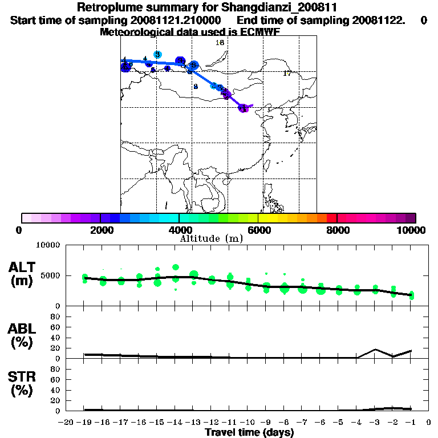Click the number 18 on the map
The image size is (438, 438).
click(220, 43)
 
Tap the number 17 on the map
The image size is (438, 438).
click(287, 74)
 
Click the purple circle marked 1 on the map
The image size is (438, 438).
click(244, 108)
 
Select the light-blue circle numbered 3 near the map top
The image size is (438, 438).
click(157, 54)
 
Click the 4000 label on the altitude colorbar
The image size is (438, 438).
click(179, 230)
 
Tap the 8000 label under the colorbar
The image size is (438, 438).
click(336, 230)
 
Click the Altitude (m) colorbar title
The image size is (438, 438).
click(211, 238)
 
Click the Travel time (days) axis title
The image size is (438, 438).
click(249, 432)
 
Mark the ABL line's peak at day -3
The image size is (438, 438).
click(375, 349)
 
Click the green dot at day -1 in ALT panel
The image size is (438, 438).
click(411, 295)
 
